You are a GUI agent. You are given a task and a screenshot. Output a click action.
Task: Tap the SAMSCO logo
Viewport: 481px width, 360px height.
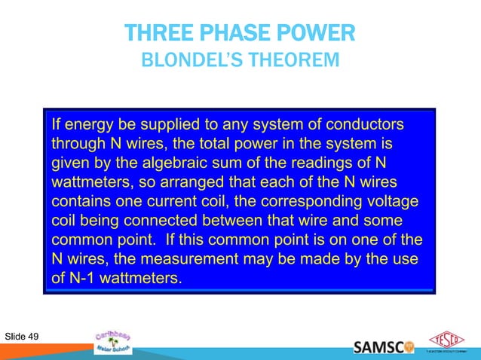(x=383, y=347)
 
